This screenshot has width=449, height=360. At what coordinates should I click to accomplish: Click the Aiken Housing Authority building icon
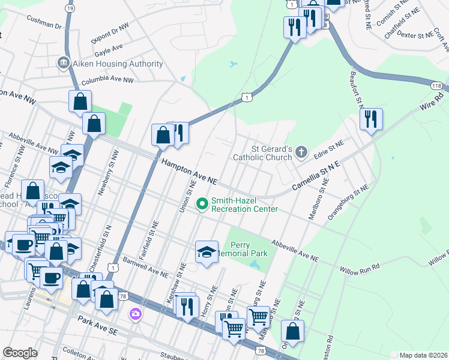click(x=63, y=64)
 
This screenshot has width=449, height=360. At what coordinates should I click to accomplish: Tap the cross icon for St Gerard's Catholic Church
click(x=302, y=154)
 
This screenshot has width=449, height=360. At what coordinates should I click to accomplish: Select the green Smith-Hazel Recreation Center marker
click(x=202, y=205)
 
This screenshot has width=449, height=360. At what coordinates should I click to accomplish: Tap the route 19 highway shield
click(x=70, y=9)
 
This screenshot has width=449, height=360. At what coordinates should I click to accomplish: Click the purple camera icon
click(x=136, y=314)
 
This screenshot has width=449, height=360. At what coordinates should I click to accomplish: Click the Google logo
click(x=20, y=352)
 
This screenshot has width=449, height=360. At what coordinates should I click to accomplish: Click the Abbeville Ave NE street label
click(x=295, y=250)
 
